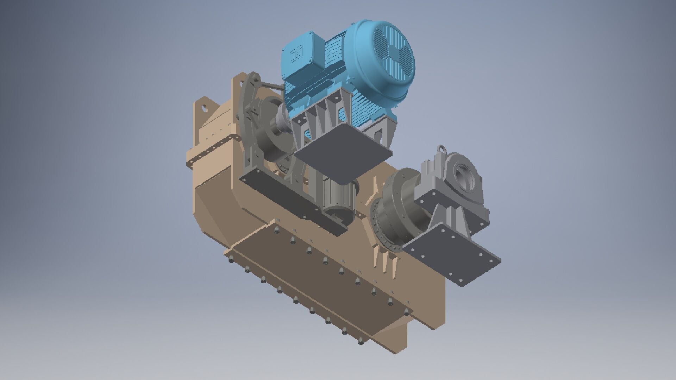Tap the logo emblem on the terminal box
(x=295, y=56)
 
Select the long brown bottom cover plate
(x=317, y=281)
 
